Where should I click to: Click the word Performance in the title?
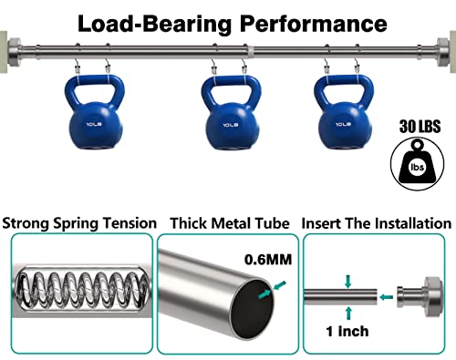[x=314, y=24]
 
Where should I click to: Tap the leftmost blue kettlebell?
[x=95, y=112]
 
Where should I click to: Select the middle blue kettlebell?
[x=231, y=113]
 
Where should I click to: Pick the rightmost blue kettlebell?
[x=344, y=112]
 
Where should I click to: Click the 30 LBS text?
[x=420, y=127]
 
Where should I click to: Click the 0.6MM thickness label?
[x=268, y=260]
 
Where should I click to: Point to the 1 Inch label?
[x=347, y=331]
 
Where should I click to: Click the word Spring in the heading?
[x=76, y=223]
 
